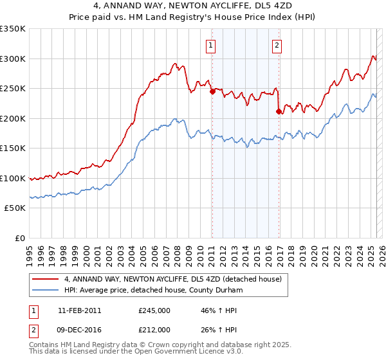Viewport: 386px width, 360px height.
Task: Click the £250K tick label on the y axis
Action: tap(12, 89)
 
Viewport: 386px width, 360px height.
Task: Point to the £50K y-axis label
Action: tap(14, 208)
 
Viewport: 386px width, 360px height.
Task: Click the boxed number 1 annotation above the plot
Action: tap(211, 45)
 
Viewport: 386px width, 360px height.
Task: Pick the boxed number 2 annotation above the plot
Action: tap(277, 45)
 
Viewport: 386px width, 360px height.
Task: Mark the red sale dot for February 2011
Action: tap(212, 91)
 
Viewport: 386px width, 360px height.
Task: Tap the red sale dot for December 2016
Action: tap(279, 111)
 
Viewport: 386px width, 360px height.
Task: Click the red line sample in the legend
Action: tap(46, 279)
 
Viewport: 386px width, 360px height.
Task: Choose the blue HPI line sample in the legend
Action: tap(46, 290)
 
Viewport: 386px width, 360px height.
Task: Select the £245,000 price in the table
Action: tap(154, 310)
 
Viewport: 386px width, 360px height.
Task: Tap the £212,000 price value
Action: tap(154, 330)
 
